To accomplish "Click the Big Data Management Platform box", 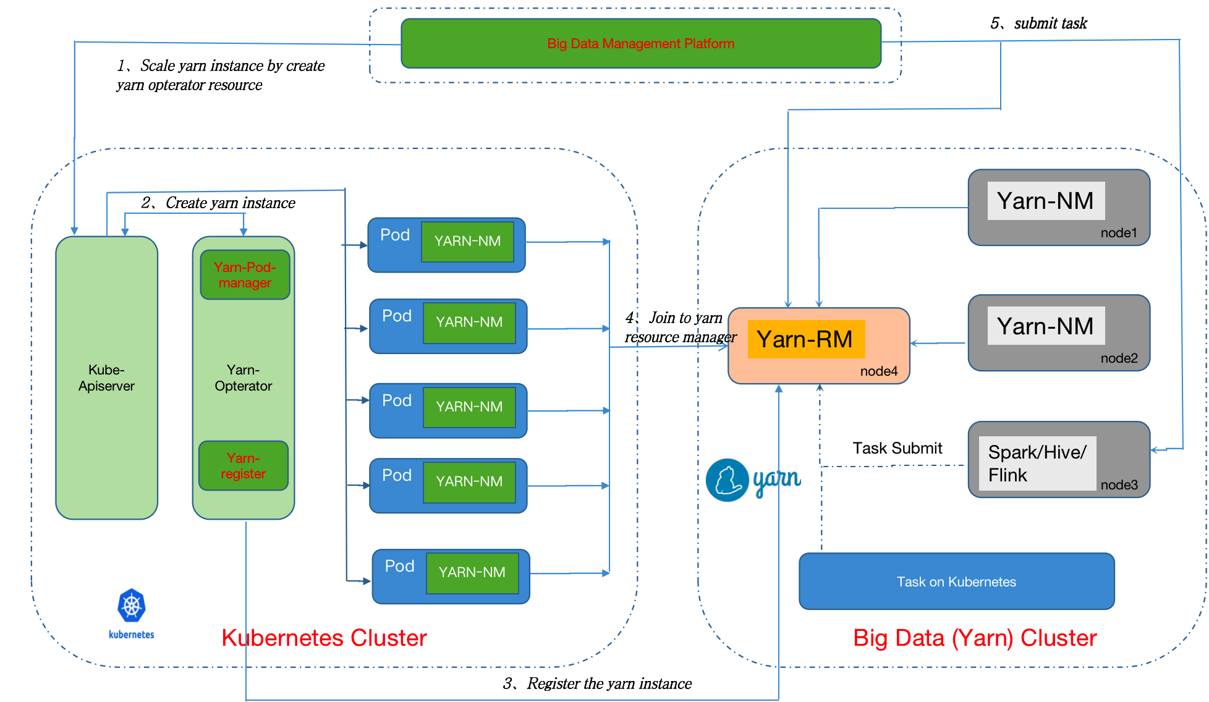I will tap(641, 43).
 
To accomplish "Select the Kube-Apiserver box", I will tap(106, 378).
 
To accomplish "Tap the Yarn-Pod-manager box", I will tap(245, 275).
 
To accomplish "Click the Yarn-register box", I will tap(244, 466).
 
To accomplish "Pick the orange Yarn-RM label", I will tap(805, 339).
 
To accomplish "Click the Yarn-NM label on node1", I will tap(1045, 201).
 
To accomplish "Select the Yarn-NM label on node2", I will tap(1045, 326).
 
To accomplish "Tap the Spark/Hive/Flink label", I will tap(1037, 463).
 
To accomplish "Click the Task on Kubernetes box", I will tap(956, 581).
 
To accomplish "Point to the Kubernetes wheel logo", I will tap(132, 606).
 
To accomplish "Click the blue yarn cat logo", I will tap(728, 480).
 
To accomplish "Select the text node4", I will tap(878, 371).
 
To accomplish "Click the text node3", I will tap(1119, 485).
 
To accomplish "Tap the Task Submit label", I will tap(897, 448).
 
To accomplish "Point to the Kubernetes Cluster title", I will tap(324, 638).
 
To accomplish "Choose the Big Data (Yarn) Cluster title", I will tap(975, 638).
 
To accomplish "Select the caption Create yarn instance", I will tap(218, 203).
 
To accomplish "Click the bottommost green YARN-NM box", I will tap(472, 573).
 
